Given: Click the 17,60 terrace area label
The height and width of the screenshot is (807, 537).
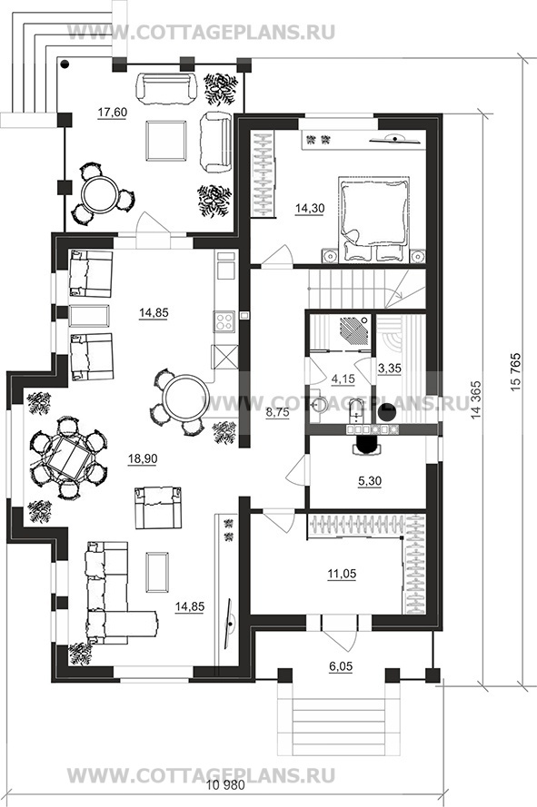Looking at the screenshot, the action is (113, 113).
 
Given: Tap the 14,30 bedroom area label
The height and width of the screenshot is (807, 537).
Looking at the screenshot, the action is (310, 209).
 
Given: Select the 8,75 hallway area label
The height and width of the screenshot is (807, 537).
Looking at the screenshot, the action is (277, 412).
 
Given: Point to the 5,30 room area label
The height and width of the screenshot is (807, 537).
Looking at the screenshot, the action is (370, 482).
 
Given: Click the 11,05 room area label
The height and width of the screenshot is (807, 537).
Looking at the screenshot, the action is (343, 574).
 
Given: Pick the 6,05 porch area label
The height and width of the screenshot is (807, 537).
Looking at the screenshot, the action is (341, 666).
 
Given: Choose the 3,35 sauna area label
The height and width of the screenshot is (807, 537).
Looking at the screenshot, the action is (389, 369).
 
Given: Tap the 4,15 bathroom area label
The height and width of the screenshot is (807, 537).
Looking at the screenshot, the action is (343, 379).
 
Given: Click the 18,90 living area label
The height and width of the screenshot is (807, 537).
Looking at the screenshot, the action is (143, 458).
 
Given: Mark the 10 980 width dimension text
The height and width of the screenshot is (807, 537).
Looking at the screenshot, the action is (225, 785).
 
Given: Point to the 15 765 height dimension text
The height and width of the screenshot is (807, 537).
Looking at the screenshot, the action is (516, 372).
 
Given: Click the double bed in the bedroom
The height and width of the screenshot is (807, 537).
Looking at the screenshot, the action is (374, 218).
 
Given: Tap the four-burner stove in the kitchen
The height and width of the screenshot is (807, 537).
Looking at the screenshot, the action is (224, 321).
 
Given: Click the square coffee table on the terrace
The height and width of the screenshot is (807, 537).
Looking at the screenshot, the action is (165, 141).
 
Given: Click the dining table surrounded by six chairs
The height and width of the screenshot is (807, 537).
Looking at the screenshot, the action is (67, 458).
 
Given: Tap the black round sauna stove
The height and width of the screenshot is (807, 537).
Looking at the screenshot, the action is (386, 411).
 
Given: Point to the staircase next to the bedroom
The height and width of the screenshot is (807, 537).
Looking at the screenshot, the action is (367, 289).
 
